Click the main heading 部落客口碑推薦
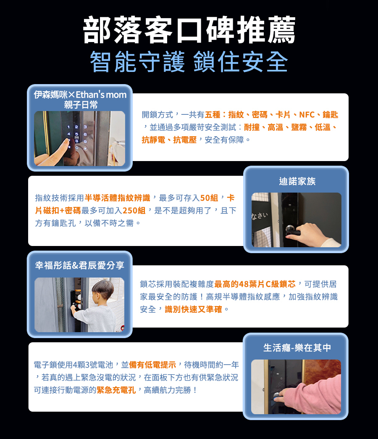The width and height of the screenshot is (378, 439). (x=189, y=30)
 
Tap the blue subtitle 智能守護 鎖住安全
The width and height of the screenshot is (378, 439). (x=189, y=61)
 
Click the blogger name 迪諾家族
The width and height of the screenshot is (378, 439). (x=297, y=181)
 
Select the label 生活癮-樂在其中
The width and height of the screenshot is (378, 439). (x=297, y=348)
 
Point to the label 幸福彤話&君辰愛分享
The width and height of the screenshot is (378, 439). (x=80, y=265)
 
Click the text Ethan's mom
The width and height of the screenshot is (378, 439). (x=101, y=95)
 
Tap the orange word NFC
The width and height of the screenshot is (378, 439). (x=307, y=114)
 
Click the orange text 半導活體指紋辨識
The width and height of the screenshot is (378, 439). (x=118, y=198)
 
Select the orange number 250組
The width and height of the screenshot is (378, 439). (x=134, y=211)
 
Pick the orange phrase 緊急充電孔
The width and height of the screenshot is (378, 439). (x=116, y=390)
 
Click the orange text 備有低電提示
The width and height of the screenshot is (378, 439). (x=152, y=365)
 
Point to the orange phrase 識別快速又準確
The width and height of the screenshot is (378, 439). (x=194, y=309)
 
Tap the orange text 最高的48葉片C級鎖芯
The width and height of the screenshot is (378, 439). (x=255, y=284)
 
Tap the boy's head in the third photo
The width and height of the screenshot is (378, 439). (x=103, y=289)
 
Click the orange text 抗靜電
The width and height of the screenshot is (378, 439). (x=153, y=140)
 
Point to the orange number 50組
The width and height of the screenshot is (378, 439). (x=209, y=198)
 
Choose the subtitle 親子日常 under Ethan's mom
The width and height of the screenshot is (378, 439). (x=81, y=105)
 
